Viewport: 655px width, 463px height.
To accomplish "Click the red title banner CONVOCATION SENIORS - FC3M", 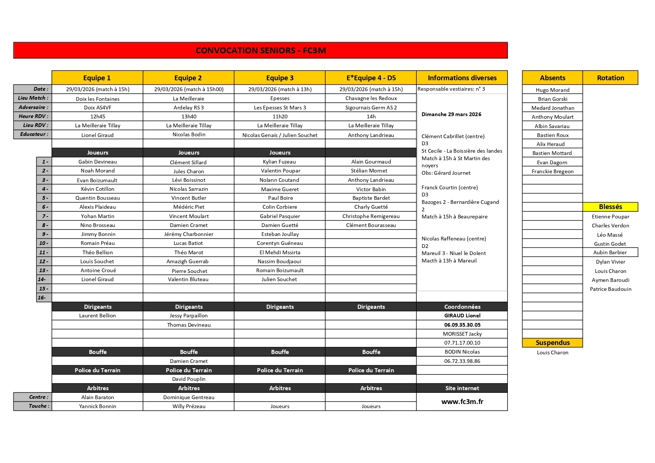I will [260, 50].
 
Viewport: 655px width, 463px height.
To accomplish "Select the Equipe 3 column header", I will [280, 78].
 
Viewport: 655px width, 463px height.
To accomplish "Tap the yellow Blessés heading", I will [610, 207].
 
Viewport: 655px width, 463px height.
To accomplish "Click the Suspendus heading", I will [552, 343].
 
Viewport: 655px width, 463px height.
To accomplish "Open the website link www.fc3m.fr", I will [462, 402].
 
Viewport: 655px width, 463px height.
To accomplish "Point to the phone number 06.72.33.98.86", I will [462, 361].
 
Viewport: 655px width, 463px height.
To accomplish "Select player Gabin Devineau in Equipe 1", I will [97, 162].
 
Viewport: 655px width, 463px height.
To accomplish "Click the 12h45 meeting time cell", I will [97, 116].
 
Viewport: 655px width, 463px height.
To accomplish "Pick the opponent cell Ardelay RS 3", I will [189, 108].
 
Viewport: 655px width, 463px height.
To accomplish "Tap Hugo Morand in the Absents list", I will [552, 90].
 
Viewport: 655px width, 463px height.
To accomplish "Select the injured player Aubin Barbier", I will [610, 252].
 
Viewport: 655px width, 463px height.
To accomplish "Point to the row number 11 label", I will [44, 252].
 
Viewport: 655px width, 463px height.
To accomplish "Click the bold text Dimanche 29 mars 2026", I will [451, 114].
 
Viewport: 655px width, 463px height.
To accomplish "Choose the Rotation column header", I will [610, 78].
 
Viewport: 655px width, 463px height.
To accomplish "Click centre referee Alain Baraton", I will [97, 397].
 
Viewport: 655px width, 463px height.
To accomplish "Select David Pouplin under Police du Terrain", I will [189, 379].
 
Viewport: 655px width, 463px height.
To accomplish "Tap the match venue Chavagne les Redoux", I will [371, 98].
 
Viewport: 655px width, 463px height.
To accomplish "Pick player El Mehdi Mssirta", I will [280, 252].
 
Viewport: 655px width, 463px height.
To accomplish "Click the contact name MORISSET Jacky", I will [462, 334].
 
